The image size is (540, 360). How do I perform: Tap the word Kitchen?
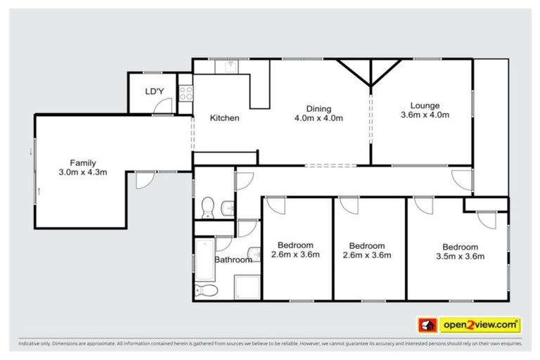pyautogui.click(x=224, y=118)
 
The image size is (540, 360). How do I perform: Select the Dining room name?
pyautogui.click(x=319, y=108)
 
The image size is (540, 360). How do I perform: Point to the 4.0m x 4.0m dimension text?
pyautogui.click(x=319, y=118)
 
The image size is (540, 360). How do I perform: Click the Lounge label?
pyautogui.click(x=425, y=105)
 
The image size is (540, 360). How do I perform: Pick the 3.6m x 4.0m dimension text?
pyautogui.click(x=425, y=115)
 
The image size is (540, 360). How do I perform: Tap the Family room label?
pyautogui.click(x=82, y=162)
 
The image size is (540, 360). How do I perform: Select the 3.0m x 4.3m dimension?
pyautogui.click(x=82, y=172)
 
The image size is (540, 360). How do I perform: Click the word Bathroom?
pyautogui.click(x=233, y=259)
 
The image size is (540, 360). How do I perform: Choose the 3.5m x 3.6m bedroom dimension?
pyautogui.click(x=460, y=257)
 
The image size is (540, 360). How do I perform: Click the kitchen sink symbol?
pyautogui.click(x=231, y=65)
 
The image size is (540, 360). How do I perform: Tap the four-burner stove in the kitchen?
pyautogui.click(x=186, y=93)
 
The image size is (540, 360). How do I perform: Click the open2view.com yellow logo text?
pyautogui.click(x=480, y=325)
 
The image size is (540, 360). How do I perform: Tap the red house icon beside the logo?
pyautogui.click(x=426, y=325)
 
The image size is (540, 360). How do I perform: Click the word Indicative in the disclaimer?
pyautogui.click(x=30, y=345)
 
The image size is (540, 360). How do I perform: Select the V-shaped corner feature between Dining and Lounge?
pyautogui.click(x=370, y=75)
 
